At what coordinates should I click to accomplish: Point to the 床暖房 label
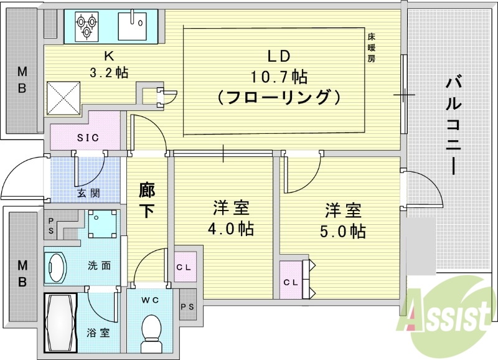click(371, 49)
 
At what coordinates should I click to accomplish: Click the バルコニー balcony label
click(454, 125)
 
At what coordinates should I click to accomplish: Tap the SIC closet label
click(87, 138)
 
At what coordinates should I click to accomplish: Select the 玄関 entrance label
click(89, 193)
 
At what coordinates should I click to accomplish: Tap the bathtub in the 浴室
click(60, 322)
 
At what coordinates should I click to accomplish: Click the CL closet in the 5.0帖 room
click(291, 282)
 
